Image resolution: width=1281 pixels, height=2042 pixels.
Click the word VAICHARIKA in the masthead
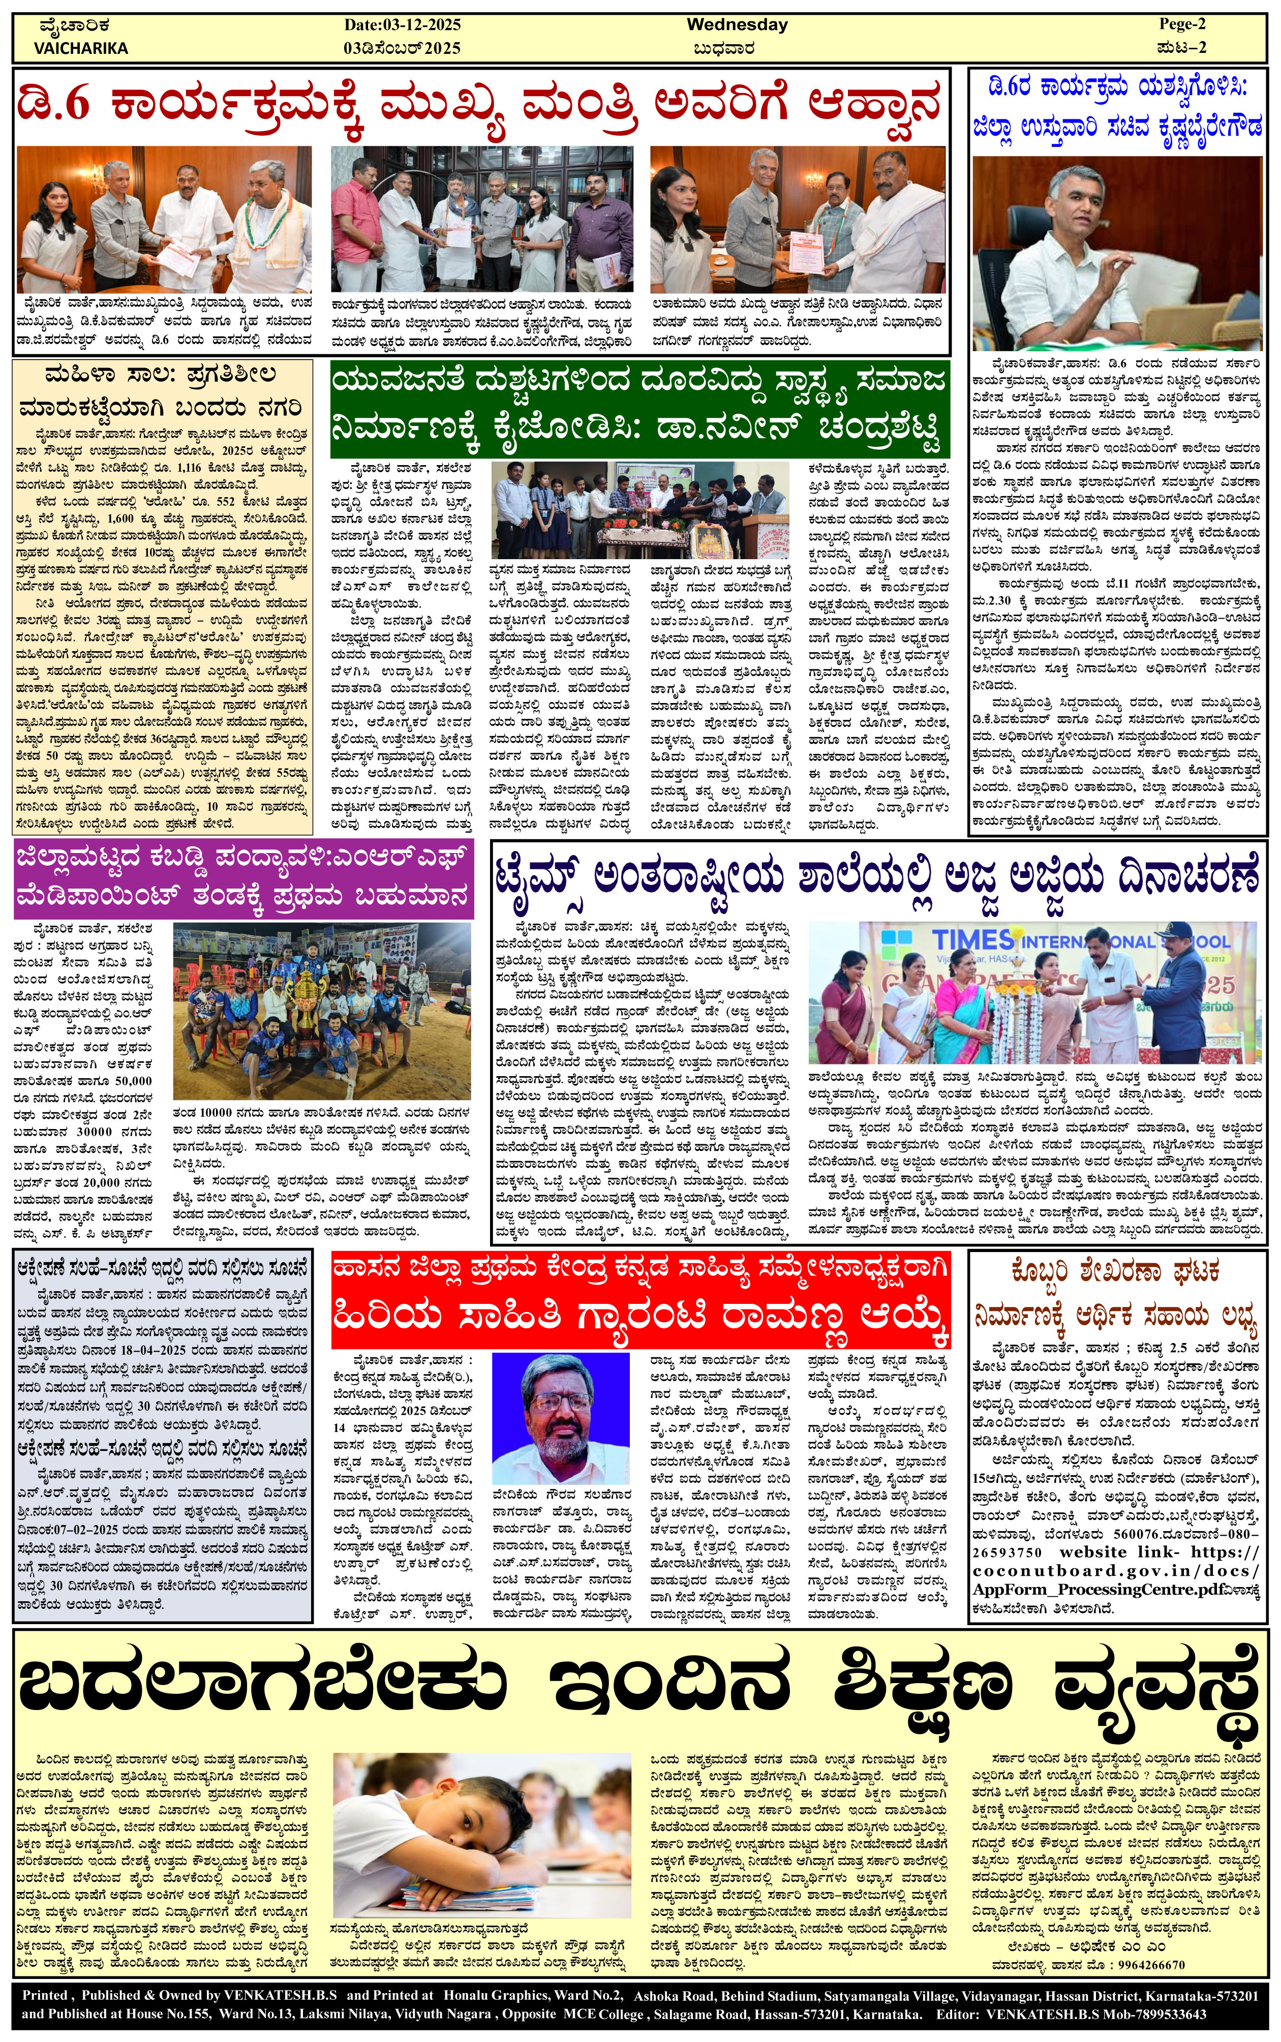tap(80, 48)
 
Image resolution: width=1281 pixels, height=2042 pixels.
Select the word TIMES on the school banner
tap(972, 939)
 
